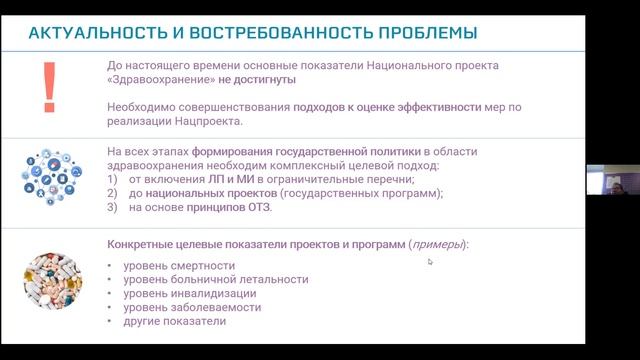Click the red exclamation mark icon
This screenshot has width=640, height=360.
(x=45, y=86)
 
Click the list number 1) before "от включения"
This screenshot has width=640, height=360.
(x=112, y=178)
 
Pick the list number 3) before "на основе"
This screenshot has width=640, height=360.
(x=112, y=207)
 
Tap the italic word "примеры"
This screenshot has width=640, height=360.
(x=436, y=244)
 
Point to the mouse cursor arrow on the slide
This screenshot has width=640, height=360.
(x=430, y=262)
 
